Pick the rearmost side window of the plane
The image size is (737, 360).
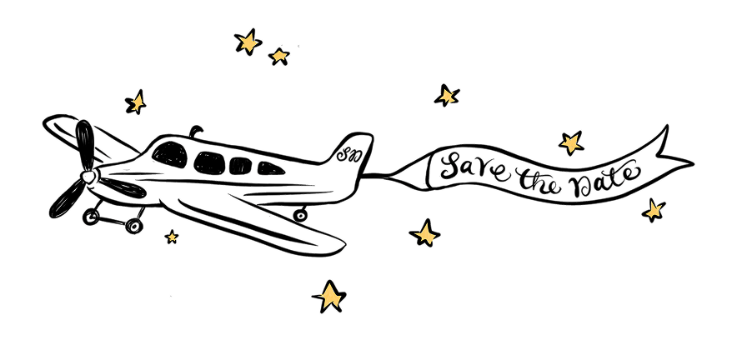tap(268, 168)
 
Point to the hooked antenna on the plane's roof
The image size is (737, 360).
tap(197, 131)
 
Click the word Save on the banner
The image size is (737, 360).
tap(472, 167)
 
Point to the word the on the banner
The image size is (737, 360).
tap(534, 177)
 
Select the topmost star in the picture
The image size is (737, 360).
tap(248, 41)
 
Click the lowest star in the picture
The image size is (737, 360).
tap(329, 295)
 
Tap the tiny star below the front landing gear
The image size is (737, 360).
tap(172, 237)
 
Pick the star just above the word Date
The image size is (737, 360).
tap(571, 142)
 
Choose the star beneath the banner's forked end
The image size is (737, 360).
tap(654, 209)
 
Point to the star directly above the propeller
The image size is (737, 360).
tap(135, 102)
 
